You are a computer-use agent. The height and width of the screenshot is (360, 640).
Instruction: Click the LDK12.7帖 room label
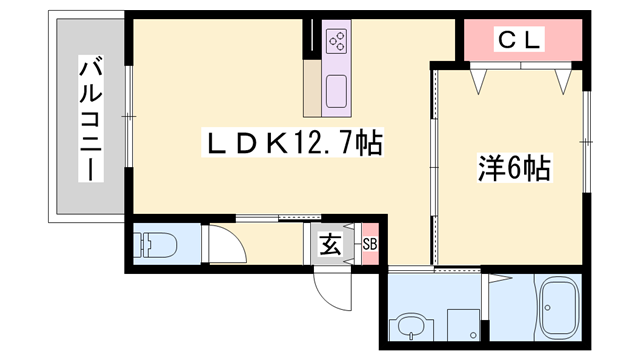(x=293, y=143)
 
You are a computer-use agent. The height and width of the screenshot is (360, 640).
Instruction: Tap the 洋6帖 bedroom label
(x=514, y=168)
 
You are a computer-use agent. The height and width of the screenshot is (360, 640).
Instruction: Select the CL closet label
(x=519, y=39)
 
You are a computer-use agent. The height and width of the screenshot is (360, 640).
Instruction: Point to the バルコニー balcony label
(x=91, y=118)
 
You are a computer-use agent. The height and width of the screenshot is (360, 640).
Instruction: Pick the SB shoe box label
(x=370, y=244)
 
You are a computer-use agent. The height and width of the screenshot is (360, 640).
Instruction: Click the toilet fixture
(x=156, y=245)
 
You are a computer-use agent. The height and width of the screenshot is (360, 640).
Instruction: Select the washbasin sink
(x=409, y=326)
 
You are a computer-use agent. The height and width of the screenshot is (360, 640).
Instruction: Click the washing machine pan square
(x=463, y=325)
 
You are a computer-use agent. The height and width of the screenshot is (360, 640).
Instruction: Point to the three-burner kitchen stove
(x=337, y=41)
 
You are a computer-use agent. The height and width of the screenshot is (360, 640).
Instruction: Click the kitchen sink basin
(x=336, y=91)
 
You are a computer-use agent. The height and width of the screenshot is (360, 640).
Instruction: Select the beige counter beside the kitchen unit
(x=312, y=88)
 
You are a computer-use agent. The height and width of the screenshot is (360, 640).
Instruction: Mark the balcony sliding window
(x=129, y=117)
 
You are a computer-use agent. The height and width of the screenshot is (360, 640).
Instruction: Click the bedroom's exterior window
(x=586, y=142)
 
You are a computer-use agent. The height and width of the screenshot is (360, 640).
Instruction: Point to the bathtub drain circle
(x=548, y=308)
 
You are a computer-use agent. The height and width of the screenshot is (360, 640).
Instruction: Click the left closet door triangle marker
(x=478, y=82)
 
